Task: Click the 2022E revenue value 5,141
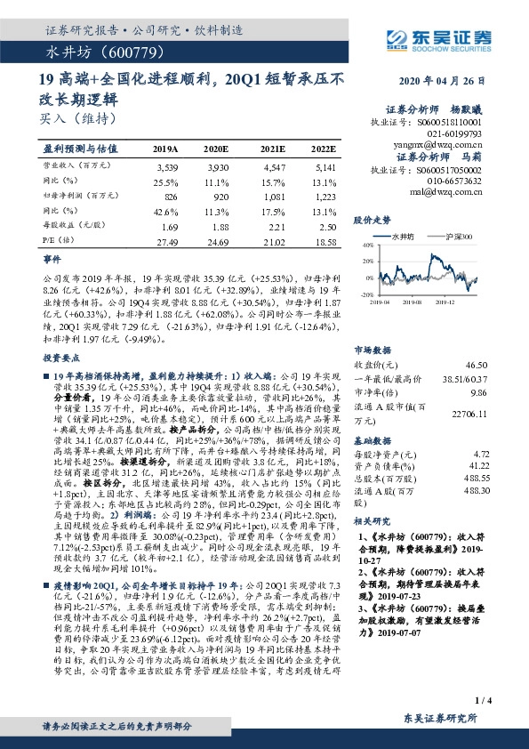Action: point(325,166)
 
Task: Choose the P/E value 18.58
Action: point(325,242)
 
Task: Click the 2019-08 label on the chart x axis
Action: point(424,302)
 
